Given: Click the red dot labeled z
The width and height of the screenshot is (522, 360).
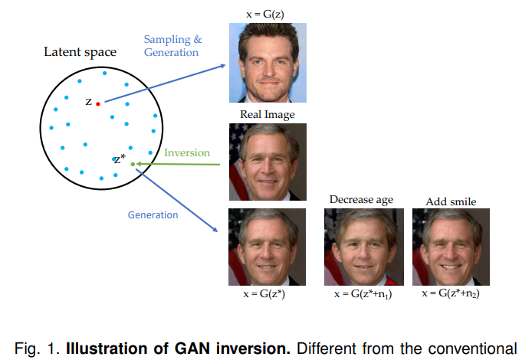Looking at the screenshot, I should (x=98, y=103).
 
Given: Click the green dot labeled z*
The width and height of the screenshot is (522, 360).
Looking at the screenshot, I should (x=133, y=164).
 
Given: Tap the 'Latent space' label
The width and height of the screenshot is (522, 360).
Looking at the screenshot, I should (x=80, y=52).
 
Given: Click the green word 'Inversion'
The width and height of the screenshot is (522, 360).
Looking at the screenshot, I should (x=187, y=152).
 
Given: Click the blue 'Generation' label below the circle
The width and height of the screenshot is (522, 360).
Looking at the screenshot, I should (x=153, y=214).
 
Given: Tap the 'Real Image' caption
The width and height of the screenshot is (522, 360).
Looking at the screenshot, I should (x=267, y=115).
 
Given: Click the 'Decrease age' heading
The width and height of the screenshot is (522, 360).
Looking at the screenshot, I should (x=361, y=200).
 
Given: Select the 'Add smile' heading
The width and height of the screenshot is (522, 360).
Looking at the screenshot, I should (x=451, y=201).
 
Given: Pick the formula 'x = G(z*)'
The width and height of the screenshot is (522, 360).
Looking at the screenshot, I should (x=268, y=294).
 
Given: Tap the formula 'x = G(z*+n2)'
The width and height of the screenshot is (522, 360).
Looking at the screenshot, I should (x=451, y=294).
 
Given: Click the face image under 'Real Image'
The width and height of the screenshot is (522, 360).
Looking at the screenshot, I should (x=268, y=162).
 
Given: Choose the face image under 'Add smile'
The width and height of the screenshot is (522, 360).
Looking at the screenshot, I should (x=451, y=247).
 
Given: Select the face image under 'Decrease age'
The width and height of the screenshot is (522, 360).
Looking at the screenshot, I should (x=362, y=247).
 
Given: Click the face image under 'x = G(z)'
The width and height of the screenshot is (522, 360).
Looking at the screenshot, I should (x=268, y=62).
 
